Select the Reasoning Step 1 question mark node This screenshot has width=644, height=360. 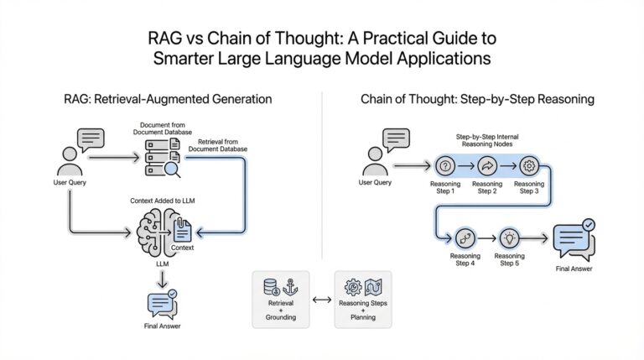coord(445,164)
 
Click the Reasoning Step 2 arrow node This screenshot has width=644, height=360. coord(486,164)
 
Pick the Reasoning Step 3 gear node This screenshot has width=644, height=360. coord(528,164)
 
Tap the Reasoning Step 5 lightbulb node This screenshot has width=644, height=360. coord(509,237)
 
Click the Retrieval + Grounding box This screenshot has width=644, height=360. coord(281,299)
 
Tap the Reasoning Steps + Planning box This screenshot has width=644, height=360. coord(363,299)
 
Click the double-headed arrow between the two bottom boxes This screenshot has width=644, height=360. coord(321,298)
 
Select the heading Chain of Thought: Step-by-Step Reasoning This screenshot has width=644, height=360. coord(477,99)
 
